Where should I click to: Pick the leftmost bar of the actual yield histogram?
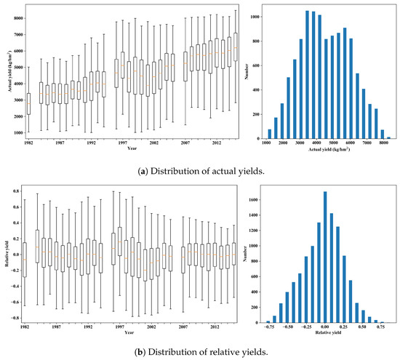coord(270,134)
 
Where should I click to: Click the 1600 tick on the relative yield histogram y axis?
coord(250,196)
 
